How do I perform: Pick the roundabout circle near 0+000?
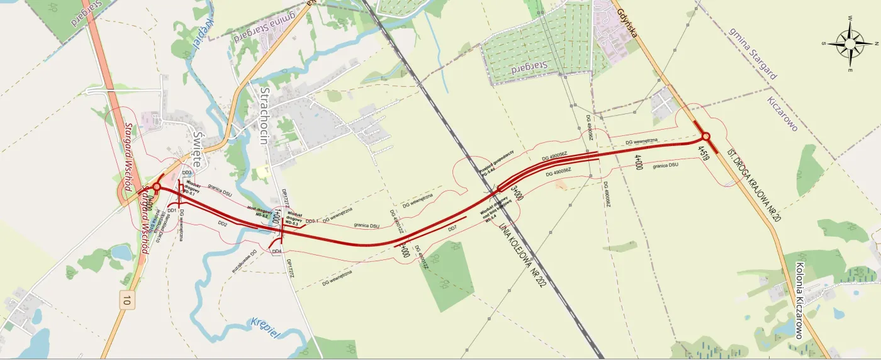(157, 186)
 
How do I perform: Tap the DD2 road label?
(222, 223)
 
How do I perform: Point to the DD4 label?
(276, 252)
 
